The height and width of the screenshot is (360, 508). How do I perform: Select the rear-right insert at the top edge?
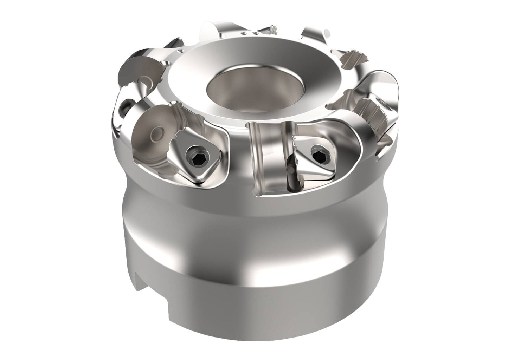[x=315, y=35]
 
